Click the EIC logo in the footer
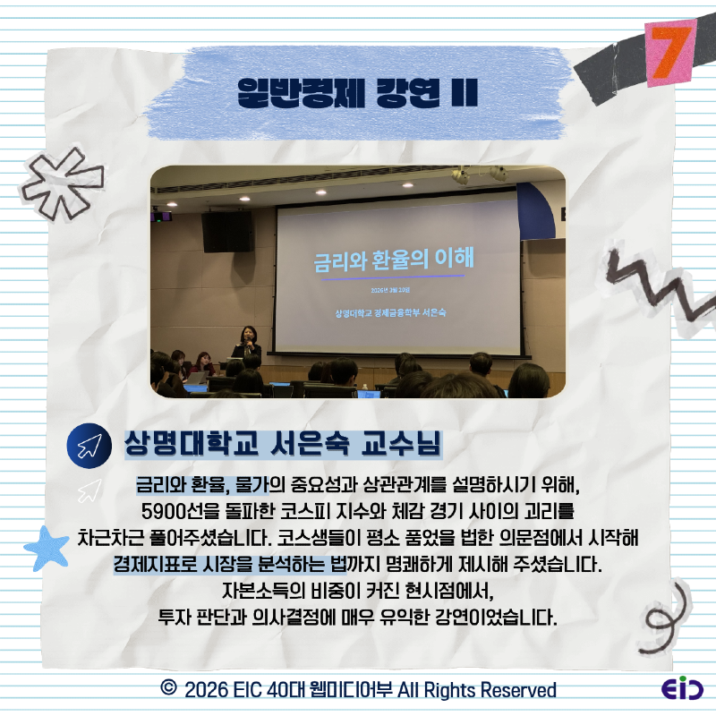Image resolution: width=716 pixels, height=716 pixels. click(682, 690)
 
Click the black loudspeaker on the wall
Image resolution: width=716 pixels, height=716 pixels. click(227, 231)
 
